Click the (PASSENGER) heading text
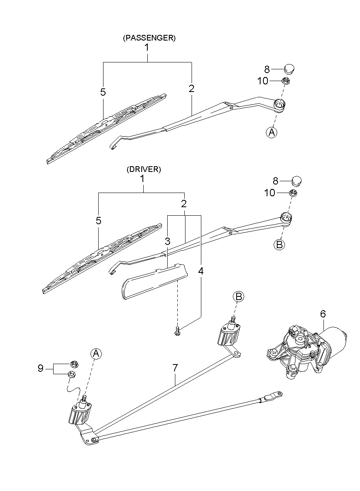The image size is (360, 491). (149, 38)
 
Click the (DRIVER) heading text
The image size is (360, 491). (144, 169)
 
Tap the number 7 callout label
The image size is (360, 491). (175, 368)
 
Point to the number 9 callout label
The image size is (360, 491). (41, 369)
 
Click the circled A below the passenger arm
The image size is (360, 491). (272, 132)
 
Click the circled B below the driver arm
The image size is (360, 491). (279, 244)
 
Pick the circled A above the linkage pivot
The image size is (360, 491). (96, 354)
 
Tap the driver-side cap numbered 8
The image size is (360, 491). (297, 180)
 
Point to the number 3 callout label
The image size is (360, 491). (167, 241)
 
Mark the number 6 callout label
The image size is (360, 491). (323, 313)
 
